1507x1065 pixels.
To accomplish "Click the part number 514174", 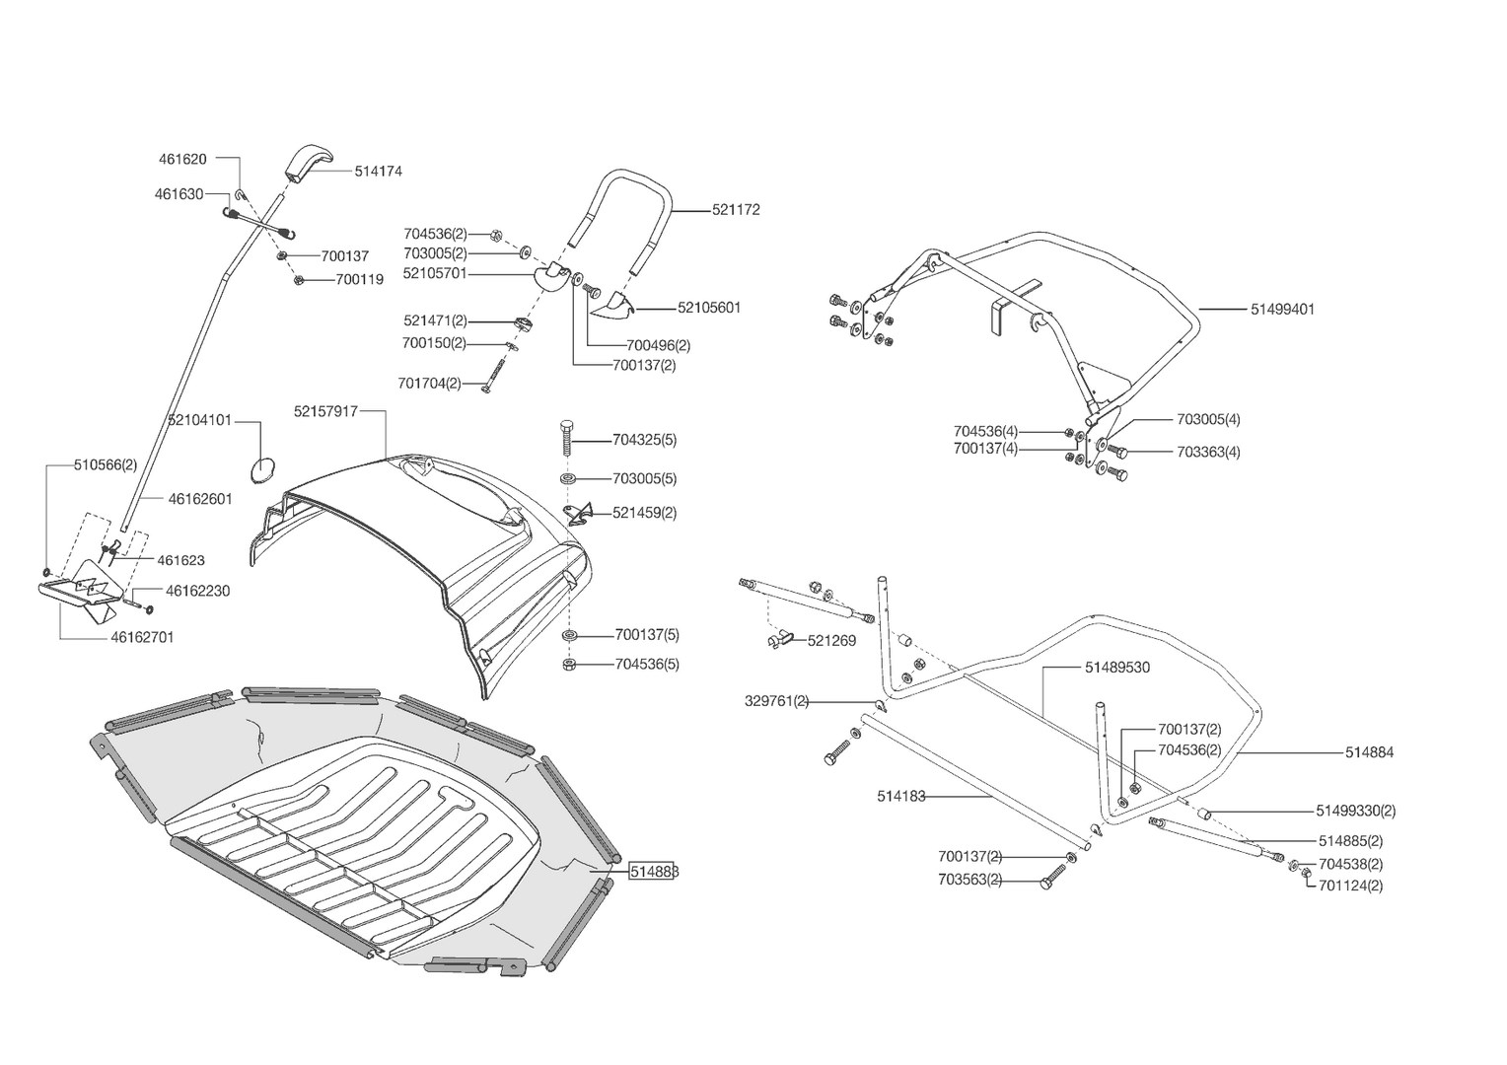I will [x=379, y=171].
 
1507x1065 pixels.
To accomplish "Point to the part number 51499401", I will [x=1282, y=309].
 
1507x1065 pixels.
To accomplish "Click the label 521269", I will [x=831, y=641].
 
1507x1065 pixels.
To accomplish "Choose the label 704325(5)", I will [x=644, y=440].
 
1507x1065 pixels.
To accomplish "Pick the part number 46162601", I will [x=200, y=499].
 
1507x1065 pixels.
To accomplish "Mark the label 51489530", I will [x=1117, y=668].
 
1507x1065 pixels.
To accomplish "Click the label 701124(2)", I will [x=1350, y=886].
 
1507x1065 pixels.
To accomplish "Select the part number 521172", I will [x=736, y=210].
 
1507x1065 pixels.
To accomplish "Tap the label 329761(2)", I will [x=776, y=701].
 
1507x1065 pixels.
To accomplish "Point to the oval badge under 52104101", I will [x=261, y=468].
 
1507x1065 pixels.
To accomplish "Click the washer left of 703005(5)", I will [x=570, y=479].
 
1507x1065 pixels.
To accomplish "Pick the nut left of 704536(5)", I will [x=570, y=665].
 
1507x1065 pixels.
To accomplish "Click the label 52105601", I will [x=709, y=308].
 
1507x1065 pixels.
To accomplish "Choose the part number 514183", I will [x=901, y=796].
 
